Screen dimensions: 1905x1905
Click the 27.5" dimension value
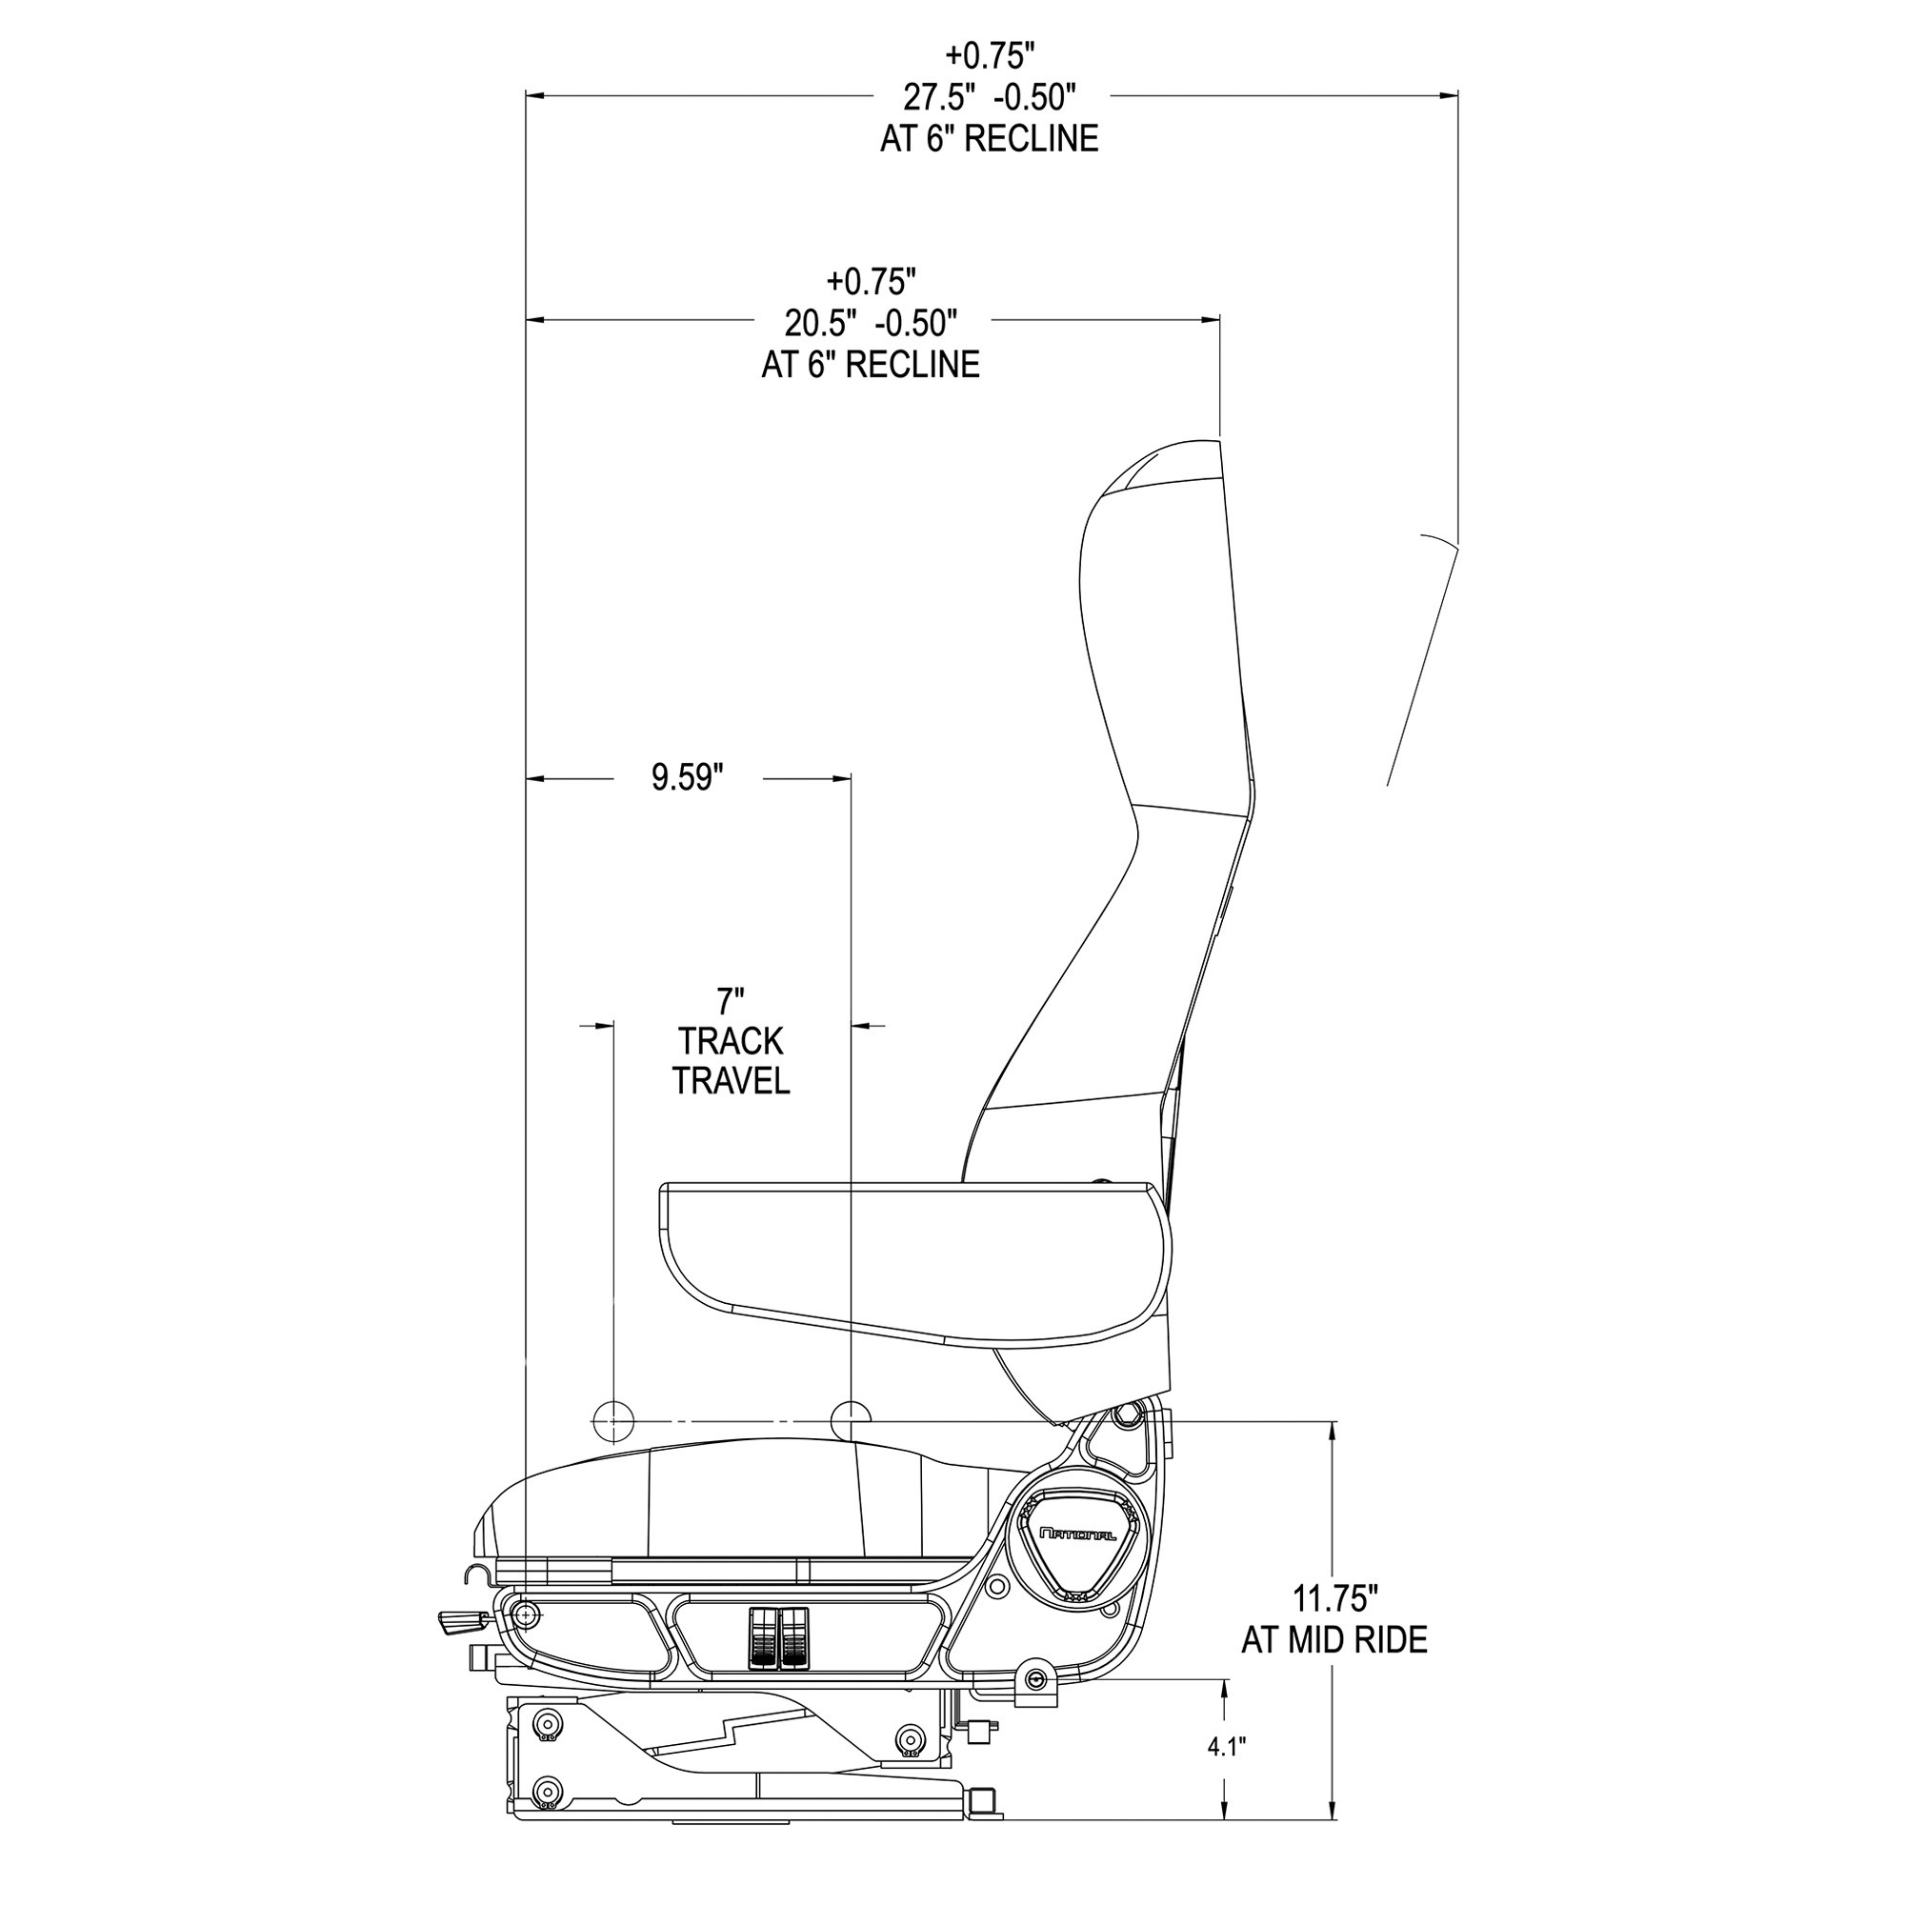[x=940, y=96]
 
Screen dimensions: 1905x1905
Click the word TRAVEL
[x=731, y=1081]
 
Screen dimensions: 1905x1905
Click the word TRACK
[x=731, y=1041]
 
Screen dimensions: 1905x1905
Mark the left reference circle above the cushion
[x=613, y=1422]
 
